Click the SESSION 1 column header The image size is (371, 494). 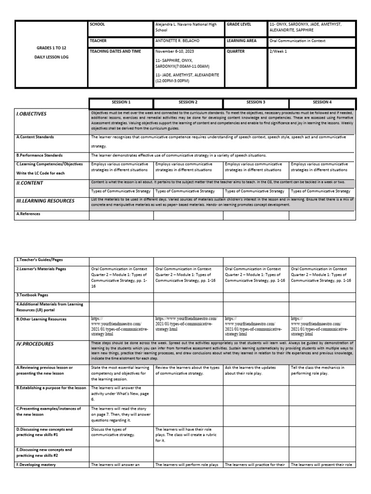point(121,102)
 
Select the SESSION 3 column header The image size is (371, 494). point(256,102)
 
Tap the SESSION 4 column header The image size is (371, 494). point(322,102)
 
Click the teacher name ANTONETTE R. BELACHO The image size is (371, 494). point(177,41)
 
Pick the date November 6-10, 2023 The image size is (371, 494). point(175,51)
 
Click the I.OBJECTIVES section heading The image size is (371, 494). point(31,114)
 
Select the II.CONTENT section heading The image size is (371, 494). point(30,183)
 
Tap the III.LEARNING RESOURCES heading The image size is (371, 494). point(44,201)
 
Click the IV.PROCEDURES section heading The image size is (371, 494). point(35,344)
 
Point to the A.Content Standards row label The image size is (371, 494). point(35,137)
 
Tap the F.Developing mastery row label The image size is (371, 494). point(36,465)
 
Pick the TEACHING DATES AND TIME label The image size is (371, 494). point(115,51)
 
